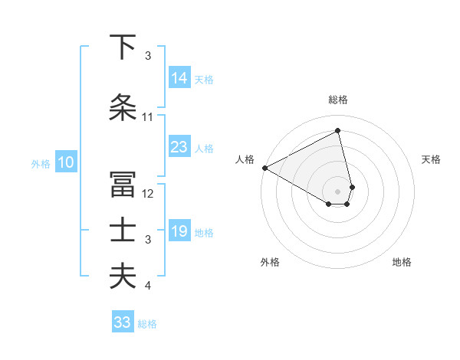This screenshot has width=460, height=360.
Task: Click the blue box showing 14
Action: click(179, 77)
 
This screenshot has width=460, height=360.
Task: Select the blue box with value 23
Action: click(179, 147)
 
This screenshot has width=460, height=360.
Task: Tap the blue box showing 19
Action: click(179, 231)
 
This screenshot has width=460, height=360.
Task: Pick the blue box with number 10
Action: click(65, 162)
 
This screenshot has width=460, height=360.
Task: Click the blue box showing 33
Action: click(123, 322)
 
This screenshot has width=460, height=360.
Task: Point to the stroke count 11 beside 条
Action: click(148, 117)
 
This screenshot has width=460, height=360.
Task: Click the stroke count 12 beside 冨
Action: click(148, 194)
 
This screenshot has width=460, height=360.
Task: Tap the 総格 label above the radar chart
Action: click(337, 100)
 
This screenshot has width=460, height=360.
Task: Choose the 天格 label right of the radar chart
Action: click(432, 159)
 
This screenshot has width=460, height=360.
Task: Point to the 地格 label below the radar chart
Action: click(402, 263)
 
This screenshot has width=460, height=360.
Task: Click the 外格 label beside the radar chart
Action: click(270, 263)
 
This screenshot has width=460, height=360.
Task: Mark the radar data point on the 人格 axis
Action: click(264, 168)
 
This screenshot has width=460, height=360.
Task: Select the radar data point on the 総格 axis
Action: click(337, 131)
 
